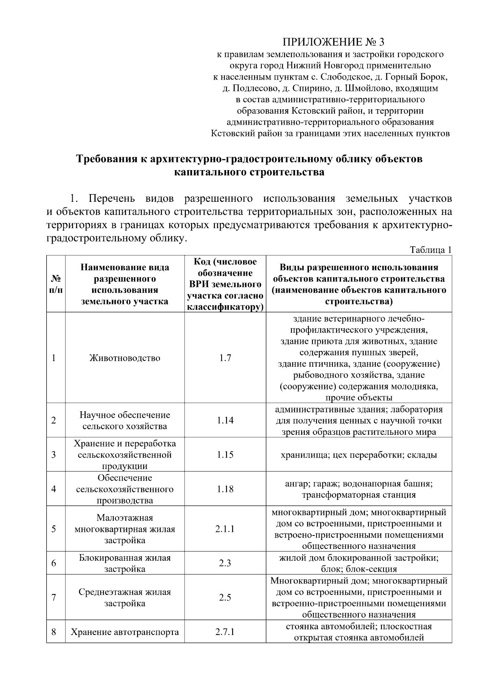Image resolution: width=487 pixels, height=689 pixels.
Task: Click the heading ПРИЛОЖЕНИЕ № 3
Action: pyautogui.click(x=332, y=42)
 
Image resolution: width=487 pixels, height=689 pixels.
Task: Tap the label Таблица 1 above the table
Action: pyautogui.click(x=431, y=250)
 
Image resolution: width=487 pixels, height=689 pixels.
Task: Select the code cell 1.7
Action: pyautogui.click(x=225, y=358)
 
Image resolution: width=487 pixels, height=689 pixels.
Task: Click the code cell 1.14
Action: pyautogui.click(x=225, y=420)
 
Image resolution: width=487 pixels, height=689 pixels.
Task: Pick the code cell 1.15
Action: pyautogui.click(x=225, y=454)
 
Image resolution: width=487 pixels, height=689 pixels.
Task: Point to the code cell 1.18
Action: pyautogui.click(x=225, y=489)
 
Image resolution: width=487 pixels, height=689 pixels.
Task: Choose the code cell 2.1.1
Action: pyautogui.click(x=225, y=529)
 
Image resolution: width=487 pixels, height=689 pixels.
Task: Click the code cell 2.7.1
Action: pyautogui.click(x=225, y=632)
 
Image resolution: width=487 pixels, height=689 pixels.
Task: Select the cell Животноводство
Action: pyautogui.click(x=125, y=358)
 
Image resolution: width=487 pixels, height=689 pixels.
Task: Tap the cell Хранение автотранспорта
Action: pyautogui.click(x=125, y=632)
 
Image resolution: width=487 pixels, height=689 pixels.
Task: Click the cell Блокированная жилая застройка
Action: pyautogui.click(x=125, y=563)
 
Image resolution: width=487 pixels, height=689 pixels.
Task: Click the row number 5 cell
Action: pyautogui.click(x=54, y=529)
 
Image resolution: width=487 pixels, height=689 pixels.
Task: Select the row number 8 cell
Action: pyautogui.click(x=54, y=632)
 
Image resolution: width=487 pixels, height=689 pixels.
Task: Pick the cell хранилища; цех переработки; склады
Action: pyautogui.click(x=359, y=455)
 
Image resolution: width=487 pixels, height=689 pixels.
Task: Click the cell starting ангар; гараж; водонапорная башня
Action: pyautogui.click(x=359, y=489)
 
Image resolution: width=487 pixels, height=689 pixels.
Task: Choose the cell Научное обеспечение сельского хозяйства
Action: pyautogui.click(x=125, y=420)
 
